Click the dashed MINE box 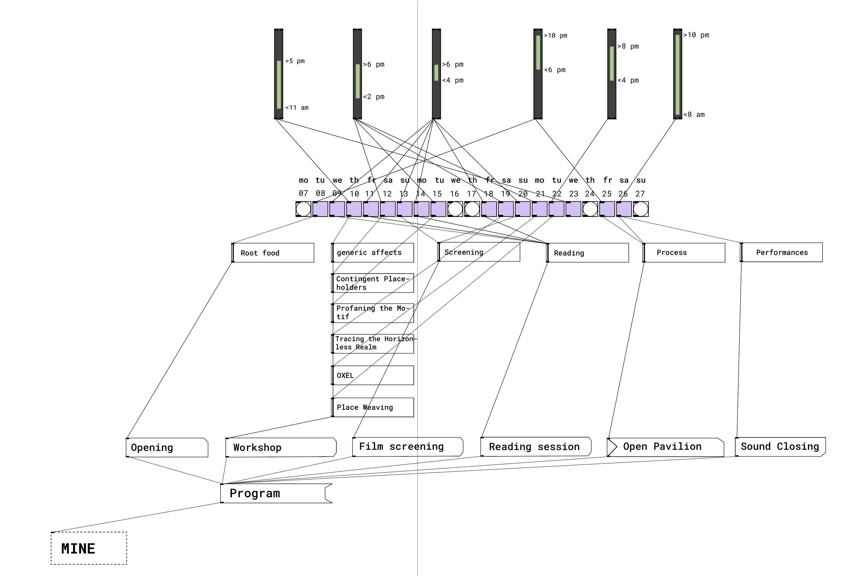(89, 548)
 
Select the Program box (276, 493)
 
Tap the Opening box (167, 448)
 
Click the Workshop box (281, 448)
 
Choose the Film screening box (407, 447)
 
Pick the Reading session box (536, 447)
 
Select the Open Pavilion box (665, 447)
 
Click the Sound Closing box (780, 447)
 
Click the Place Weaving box (373, 407)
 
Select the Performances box (781, 252)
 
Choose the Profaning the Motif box (373, 313)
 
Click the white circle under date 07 (303, 209)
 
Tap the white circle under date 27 (641, 209)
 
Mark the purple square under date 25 (607, 209)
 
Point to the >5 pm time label (295, 61)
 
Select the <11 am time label (297, 108)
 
